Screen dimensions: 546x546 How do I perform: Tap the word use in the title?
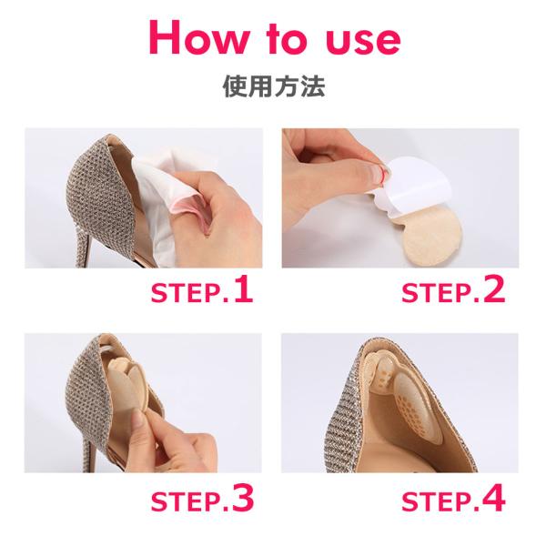tap(362, 42)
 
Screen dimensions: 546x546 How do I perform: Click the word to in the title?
tap(287, 40)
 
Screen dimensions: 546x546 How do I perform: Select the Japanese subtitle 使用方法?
tap(274, 86)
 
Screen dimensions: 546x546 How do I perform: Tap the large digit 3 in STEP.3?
tap(243, 498)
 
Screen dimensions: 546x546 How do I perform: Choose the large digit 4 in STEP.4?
tap(494, 498)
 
